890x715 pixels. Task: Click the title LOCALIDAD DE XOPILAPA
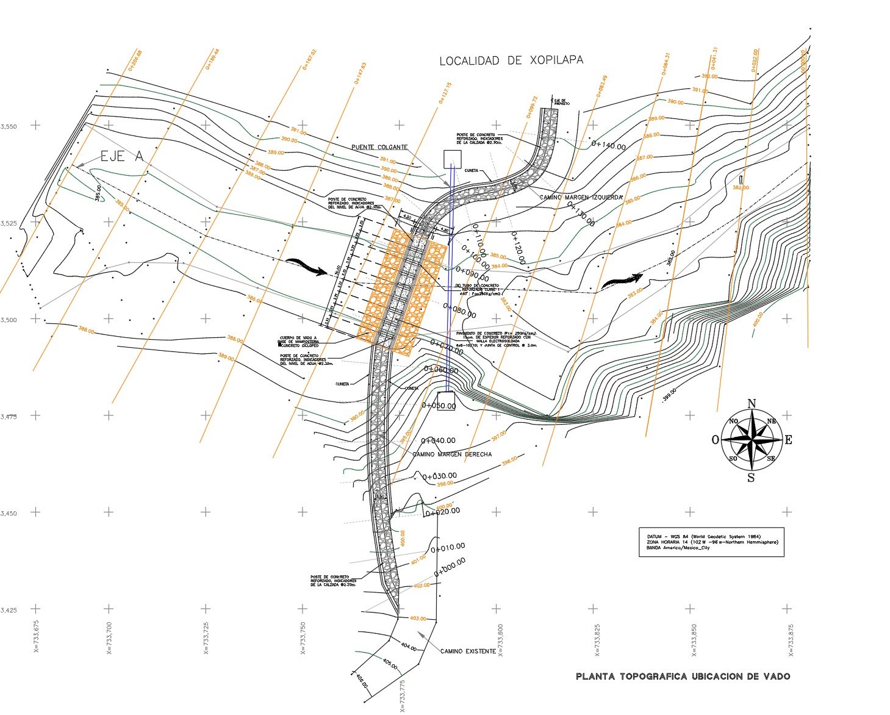pos(511,60)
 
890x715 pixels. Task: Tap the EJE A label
pos(121,156)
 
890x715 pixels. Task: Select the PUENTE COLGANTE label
pos(379,148)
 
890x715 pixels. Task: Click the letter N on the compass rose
pos(752,403)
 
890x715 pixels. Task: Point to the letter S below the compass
pos(751,478)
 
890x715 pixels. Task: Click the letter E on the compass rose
pos(788,440)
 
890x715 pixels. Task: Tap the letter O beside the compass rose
pos(715,440)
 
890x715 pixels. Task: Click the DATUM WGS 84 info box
pos(711,542)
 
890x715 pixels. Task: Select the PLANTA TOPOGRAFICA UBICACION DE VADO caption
pos(683,676)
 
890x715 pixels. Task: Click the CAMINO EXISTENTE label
pos(468,651)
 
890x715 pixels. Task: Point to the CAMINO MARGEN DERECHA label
pos(452,455)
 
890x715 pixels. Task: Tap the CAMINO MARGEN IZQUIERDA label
pos(581,198)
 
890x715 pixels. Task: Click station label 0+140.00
pos(609,146)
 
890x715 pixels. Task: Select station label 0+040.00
pos(438,440)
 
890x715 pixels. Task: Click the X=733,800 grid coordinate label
pos(500,641)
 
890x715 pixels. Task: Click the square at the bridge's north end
pos(452,158)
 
